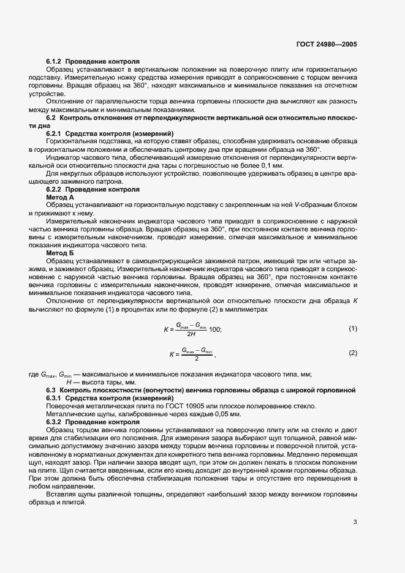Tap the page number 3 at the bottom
[355, 522]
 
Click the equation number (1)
[352, 329]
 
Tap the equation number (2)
[352, 353]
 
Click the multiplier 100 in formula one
[214, 329]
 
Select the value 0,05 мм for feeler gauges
[181, 414]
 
